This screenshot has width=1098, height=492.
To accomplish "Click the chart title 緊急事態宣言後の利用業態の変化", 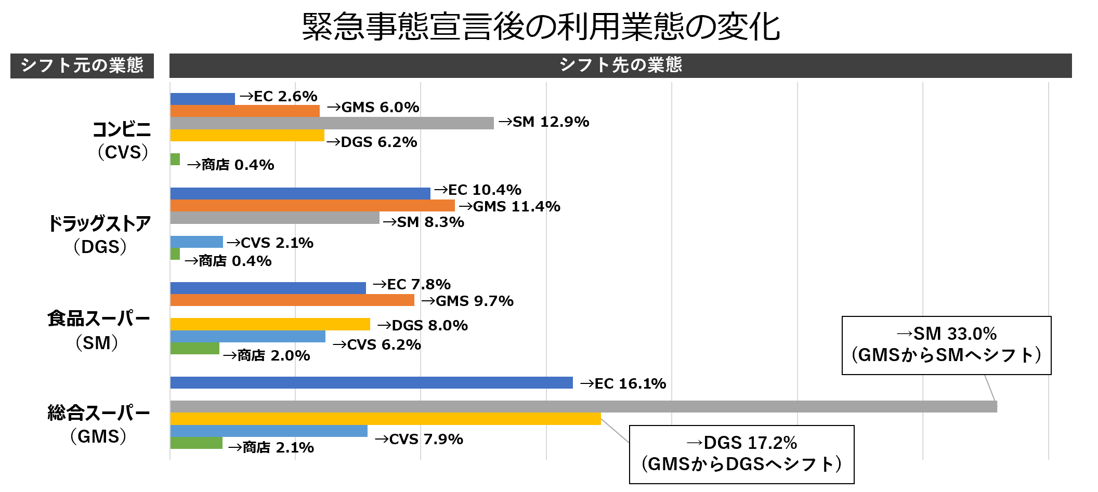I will point(541,26).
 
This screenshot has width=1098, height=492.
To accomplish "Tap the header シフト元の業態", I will point(82,65).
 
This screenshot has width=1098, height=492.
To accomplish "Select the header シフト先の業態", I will point(620,65).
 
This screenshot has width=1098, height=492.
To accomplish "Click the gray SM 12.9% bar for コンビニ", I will point(332,123).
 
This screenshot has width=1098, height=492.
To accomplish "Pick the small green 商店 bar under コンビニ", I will point(175,159).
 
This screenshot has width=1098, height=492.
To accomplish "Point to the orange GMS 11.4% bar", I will point(312,206).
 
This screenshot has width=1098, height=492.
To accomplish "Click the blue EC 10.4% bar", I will point(300,193).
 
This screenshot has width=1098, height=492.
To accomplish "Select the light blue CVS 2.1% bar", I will point(197,242).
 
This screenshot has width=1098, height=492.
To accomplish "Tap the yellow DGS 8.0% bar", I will point(270,324).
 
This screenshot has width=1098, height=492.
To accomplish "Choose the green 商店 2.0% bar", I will point(194,349).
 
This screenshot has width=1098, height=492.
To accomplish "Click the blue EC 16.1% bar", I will point(371,383).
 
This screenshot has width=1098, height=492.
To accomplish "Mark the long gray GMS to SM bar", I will point(583,407).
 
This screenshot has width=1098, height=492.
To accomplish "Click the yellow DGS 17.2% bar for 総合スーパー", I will point(385,419).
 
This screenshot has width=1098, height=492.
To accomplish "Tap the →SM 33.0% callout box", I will point(946,345).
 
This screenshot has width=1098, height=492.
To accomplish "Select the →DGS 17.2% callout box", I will point(741,454).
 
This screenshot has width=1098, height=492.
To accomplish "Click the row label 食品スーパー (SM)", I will point(98,330).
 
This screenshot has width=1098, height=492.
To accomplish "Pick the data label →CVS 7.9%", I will point(419,440).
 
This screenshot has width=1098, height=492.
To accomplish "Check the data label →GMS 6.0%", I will point(373,108).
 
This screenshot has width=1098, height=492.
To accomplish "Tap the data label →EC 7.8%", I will point(412,285).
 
